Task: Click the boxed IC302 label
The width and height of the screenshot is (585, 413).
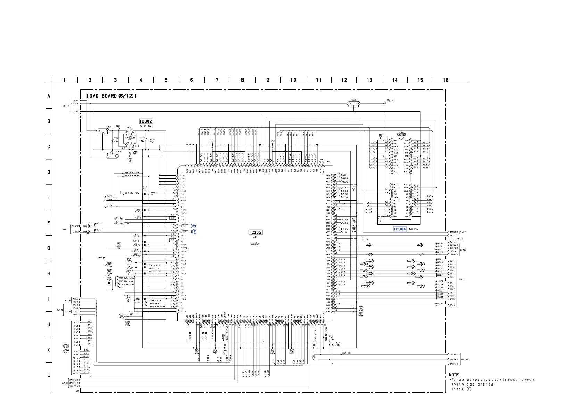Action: coord(146,121)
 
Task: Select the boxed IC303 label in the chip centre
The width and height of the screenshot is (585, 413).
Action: coord(255,232)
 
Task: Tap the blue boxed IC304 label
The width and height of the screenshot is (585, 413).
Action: coord(400,229)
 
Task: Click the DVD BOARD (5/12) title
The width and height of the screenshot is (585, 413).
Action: coord(111,96)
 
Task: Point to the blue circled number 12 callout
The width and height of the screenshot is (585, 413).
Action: coord(193,226)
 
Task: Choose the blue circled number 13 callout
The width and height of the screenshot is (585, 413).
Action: coord(193,232)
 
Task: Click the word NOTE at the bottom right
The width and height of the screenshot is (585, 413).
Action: coord(454,374)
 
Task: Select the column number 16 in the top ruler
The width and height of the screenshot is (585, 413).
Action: coord(446,80)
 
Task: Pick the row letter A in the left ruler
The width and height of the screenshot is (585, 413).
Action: coord(49,96)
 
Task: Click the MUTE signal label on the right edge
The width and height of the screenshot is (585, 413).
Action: coord(452,242)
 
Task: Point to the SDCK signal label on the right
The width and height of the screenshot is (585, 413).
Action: coord(452,305)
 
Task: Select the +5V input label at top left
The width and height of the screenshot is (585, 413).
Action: coord(76,100)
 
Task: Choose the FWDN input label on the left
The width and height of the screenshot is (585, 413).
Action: coord(76,315)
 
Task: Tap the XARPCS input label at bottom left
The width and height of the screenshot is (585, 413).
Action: coord(74,386)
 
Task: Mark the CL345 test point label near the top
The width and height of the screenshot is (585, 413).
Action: coord(390,100)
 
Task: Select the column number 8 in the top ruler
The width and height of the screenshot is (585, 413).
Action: coord(242,80)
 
